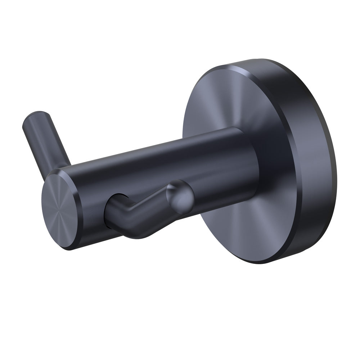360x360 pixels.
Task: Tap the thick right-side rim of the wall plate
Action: tap(320, 162)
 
